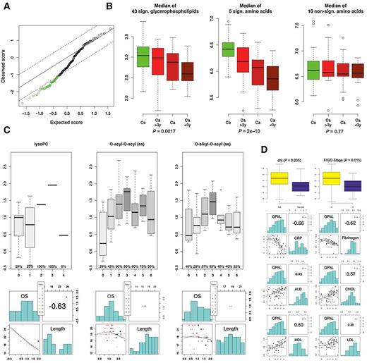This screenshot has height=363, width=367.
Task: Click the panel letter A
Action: click(5, 6)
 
